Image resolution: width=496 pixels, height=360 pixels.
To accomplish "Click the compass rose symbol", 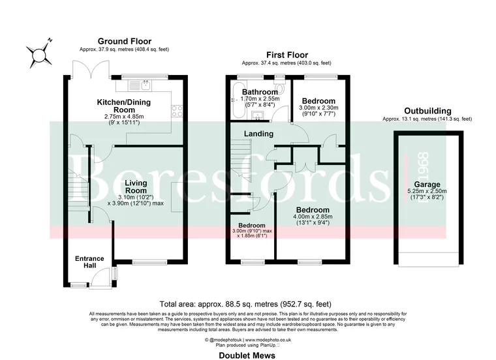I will pyautogui.click(x=41, y=54).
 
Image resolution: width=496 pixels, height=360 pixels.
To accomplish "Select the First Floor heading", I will pyautogui.click(x=287, y=55).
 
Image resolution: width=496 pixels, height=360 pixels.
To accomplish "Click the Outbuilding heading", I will pyautogui.click(x=427, y=112).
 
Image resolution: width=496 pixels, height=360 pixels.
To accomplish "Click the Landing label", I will pyautogui.click(x=258, y=134).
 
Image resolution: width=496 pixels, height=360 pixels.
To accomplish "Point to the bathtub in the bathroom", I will pyautogui.click(x=236, y=103).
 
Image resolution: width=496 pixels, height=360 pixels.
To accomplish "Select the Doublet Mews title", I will pyautogui.click(x=246, y=355).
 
